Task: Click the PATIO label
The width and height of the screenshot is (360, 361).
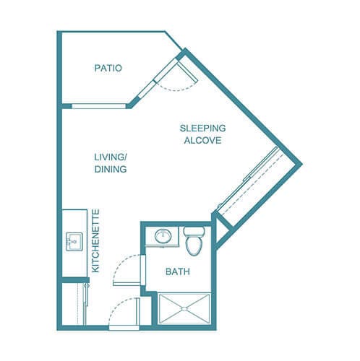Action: pyautogui.click(x=108, y=69)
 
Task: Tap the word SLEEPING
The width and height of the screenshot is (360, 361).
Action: pyautogui.click(x=202, y=129)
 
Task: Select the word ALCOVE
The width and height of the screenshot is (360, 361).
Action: pyautogui.click(x=202, y=140)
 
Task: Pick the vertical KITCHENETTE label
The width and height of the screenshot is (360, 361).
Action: pyautogui.click(x=95, y=240)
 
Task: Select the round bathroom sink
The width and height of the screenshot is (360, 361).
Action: pyautogui.click(x=163, y=236)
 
